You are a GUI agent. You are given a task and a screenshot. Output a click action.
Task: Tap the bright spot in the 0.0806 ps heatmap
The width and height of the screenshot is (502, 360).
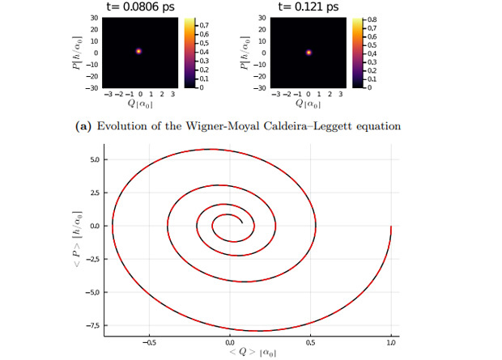point(138,51)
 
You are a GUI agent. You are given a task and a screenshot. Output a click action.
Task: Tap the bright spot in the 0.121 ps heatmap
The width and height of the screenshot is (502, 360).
point(308,53)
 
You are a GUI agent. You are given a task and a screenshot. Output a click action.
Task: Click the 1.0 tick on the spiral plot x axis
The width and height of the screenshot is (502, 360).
point(392,341)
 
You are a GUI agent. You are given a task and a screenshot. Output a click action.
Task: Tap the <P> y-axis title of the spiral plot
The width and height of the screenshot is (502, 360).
point(77,243)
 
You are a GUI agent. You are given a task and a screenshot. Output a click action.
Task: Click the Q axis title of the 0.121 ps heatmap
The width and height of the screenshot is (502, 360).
point(308,104)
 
